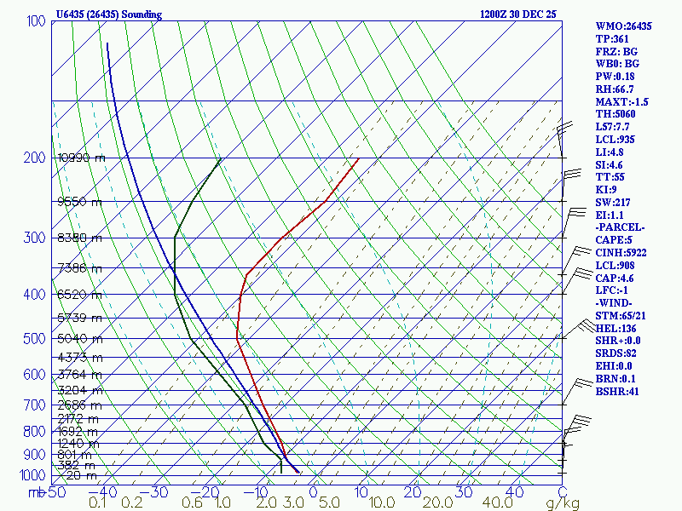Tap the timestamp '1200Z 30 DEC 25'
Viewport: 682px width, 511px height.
coord(517,14)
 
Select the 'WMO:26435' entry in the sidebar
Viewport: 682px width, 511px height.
coord(623,26)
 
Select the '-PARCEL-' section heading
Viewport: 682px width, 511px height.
coord(621,227)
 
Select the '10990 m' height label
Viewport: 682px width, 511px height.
coord(81,158)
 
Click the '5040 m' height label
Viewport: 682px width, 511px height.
coord(79,338)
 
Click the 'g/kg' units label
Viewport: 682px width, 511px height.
coord(563,503)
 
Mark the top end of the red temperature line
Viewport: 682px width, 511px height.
coord(359,158)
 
